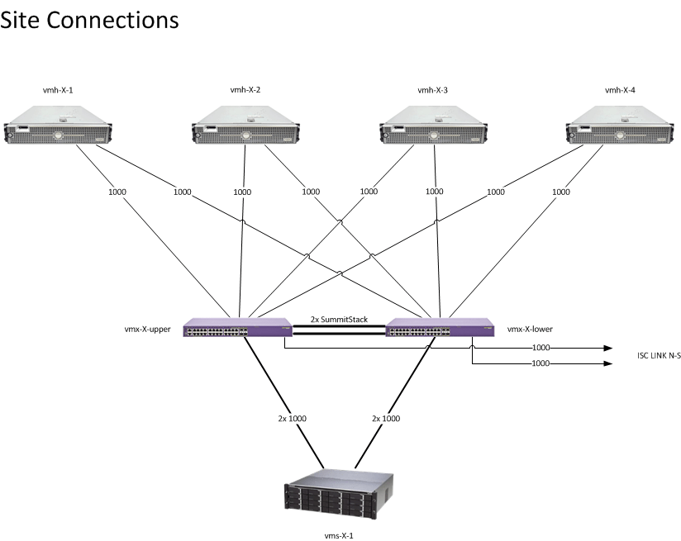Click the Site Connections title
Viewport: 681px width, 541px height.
pyautogui.click(x=89, y=20)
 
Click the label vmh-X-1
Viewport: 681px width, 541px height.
pyautogui.click(x=57, y=90)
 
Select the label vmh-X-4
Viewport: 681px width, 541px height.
pyautogui.click(x=620, y=90)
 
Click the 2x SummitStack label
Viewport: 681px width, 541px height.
pyautogui.click(x=339, y=319)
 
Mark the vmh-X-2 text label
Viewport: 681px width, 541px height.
pyautogui.click(x=245, y=90)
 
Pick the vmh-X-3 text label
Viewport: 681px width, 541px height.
pyautogui.click(x=433, y=90)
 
